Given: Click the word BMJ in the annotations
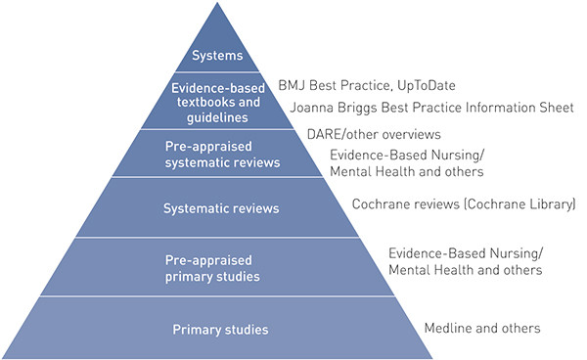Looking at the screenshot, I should coord(293,86).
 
